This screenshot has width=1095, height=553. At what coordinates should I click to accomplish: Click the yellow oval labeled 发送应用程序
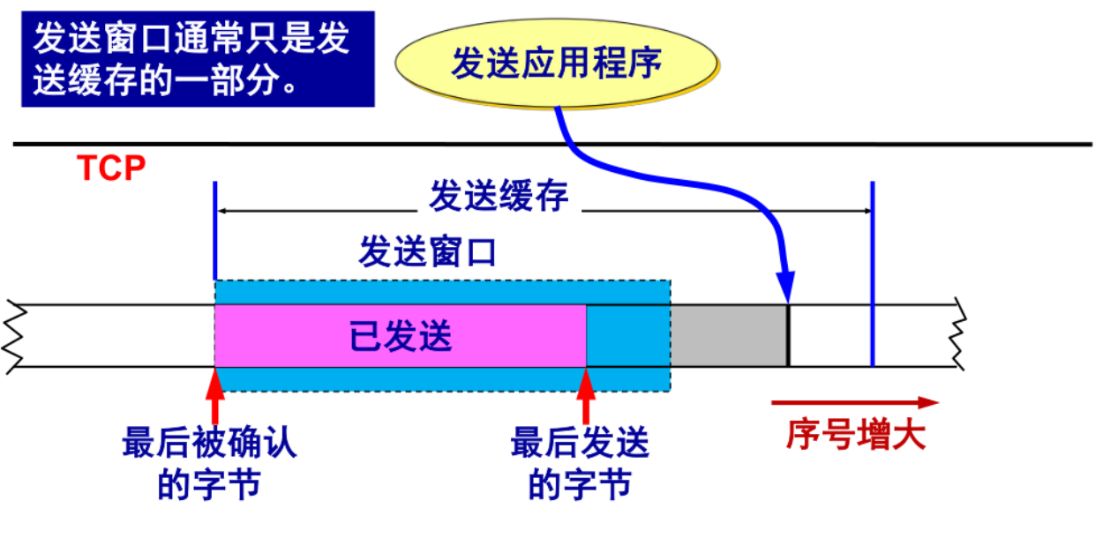click(x=556, y=64)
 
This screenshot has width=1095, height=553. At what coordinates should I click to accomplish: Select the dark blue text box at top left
click(x=198, y=58)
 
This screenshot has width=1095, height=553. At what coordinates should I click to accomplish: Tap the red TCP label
click(x=111, y=168)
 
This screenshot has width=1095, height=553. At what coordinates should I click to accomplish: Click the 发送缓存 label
click(x=499, y=197)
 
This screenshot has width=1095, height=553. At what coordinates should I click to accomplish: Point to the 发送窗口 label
click(x=427, y=252)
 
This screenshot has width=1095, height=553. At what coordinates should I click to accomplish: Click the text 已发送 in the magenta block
click(x=401, y=336)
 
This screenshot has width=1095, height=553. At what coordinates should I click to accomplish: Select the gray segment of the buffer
click(x=729, y=336)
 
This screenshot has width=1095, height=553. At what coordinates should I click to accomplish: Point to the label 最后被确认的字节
click(x=209, y=463)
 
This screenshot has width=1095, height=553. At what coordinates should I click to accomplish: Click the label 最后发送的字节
click(x=580, y=463)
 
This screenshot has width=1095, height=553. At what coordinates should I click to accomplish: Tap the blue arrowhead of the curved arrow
click(x=785, y=288)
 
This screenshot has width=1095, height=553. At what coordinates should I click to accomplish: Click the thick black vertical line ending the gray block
click(x=788, y=336)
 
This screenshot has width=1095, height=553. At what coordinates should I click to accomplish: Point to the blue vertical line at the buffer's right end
click(x=872, y=273)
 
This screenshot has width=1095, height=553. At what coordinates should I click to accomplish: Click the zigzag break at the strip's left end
click(x=12, y=336)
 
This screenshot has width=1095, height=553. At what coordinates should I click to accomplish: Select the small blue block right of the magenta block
click(x=628, y=336)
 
